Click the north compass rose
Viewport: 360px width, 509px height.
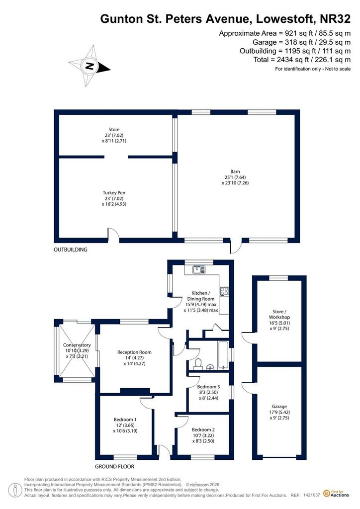(90, 66)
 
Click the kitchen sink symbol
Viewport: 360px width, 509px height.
(198, 269)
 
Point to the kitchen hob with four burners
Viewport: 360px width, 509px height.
(224, 291)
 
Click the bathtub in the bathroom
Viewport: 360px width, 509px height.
(223, 355)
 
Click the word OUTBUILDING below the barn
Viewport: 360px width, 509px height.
(71, 250)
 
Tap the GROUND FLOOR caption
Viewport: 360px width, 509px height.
(114, 466)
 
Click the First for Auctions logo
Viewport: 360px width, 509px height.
(336, 494)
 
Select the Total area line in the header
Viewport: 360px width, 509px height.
(302, 60)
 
